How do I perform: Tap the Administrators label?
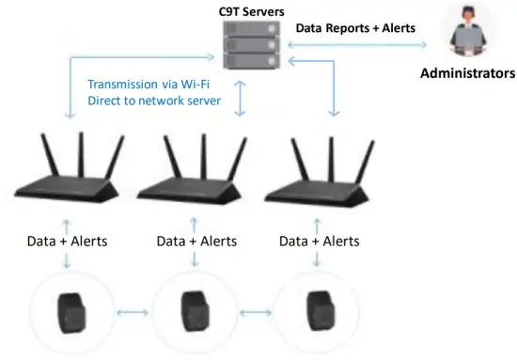tap(465, 72)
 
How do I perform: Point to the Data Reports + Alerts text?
tap(355, 28)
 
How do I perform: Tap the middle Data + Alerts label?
tap(196, 242)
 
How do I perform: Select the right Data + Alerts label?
tap(319, 242)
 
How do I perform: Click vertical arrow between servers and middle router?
tap(241, 99)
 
